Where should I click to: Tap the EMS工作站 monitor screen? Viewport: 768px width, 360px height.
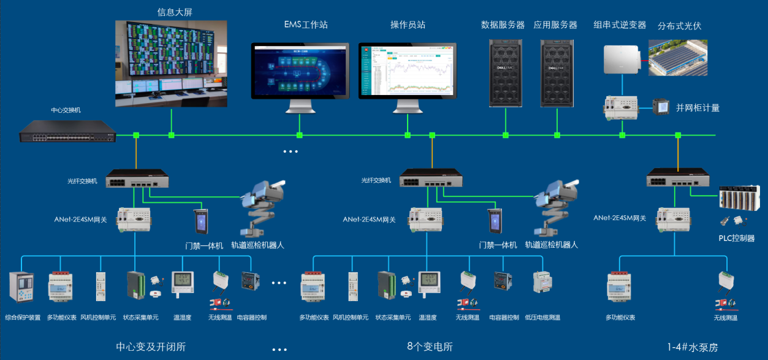point(300,71)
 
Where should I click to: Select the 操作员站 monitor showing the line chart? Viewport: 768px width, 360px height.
point(407,71)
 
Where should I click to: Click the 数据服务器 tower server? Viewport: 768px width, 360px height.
point(504,72)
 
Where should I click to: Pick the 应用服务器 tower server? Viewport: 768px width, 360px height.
point(556,72)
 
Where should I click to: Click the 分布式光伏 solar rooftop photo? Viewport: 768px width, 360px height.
point(678,58)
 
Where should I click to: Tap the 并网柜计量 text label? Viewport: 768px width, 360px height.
point(698,108)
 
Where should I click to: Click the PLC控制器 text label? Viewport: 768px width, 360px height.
point(736,238)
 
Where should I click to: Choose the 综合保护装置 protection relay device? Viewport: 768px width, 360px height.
point(22,287)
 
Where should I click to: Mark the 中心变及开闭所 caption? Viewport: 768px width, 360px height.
point(151,347)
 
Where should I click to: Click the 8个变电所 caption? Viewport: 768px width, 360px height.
point(430,347)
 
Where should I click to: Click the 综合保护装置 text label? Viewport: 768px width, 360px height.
point(22,318)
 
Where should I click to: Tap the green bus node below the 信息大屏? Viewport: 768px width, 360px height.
point(172,135)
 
